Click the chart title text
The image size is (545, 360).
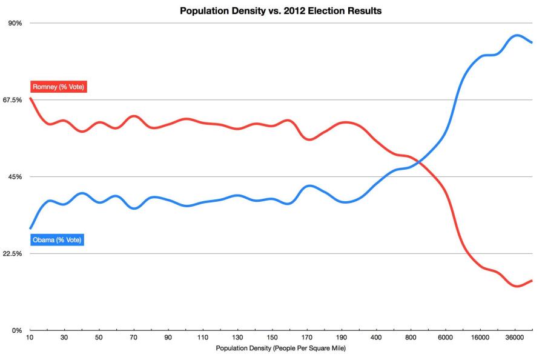pos(280,10)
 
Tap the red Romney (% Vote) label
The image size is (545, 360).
pos(59,87)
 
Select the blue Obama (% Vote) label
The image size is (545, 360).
pos(57,240)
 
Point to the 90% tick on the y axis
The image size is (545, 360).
pos(15,23)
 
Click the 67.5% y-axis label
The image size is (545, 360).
pos(12,100)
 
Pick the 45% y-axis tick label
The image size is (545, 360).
pos(15,177)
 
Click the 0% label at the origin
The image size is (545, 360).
pos(16,330)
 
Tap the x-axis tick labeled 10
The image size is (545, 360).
pos(30,338)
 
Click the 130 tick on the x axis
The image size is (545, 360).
pos(238,338)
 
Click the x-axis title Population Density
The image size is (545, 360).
pos(280,348)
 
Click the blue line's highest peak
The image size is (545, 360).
pos(517,35)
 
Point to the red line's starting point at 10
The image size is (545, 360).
pos(30,98)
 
